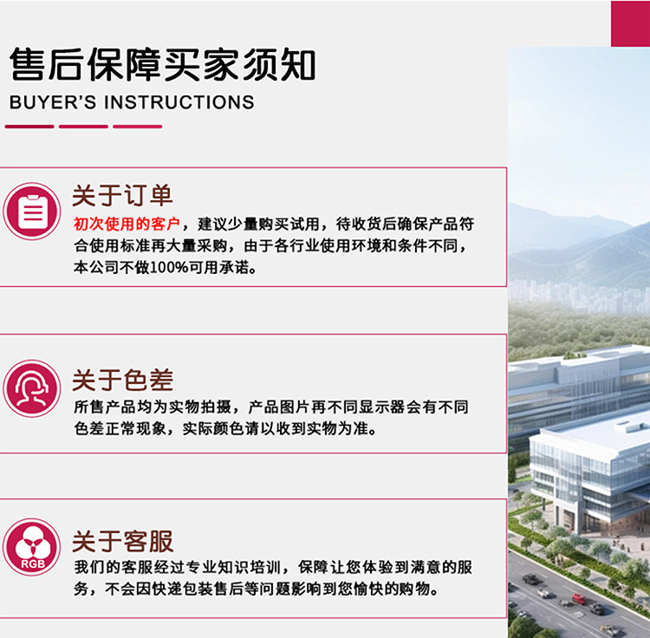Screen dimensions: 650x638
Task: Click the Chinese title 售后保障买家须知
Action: pos(163,65)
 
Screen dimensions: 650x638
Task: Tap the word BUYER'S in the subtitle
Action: pos(53,102)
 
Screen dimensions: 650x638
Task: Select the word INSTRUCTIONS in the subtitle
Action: pos(179,102)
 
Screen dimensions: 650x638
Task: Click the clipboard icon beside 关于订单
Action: pos(32,212)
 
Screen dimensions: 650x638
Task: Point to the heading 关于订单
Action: pos(122,195)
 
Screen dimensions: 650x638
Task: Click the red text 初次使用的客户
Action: pos(127,225)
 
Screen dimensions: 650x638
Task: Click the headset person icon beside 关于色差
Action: pos(32,388)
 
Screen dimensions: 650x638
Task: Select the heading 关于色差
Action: pos(122,380)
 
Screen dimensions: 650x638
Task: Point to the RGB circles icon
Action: pos(32,547)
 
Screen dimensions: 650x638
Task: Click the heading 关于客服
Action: pos(122,541)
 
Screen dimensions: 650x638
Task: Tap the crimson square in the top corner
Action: pos(631,23)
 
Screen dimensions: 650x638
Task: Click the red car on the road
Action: pos(579,598)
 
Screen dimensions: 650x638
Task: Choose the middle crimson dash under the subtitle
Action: pos(83,127)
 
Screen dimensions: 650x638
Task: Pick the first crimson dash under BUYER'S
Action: pos(29,127)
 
